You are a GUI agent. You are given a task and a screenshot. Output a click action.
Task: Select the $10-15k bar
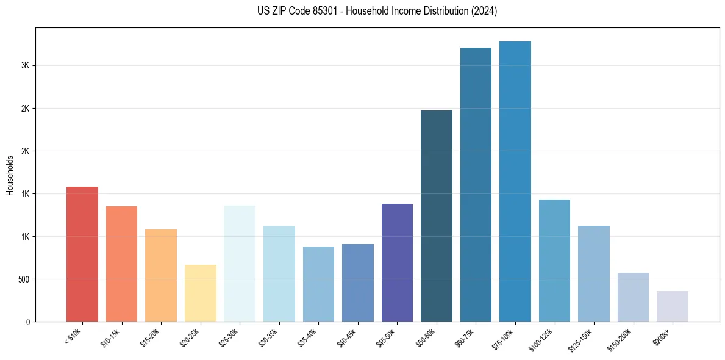click(x=121, y=264)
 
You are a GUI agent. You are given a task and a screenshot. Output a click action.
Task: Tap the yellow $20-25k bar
click(x=200, y=293)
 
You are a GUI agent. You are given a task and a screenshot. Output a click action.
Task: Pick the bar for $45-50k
click(x=397, y=262)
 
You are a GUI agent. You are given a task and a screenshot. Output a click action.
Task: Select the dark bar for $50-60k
click(x=437, y=216)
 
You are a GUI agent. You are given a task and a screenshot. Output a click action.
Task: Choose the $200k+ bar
click(x=673, y=306)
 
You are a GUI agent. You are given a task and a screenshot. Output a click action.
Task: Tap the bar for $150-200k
click(x=633, y=297)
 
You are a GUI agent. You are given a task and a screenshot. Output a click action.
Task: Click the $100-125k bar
click(x=554, y=261)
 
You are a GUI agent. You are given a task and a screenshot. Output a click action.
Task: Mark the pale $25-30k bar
click(x=240, y=264)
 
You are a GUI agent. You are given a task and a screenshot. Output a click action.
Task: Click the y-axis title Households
click(x=10, y=175)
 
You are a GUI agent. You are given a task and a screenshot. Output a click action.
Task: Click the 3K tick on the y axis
click(x=24, y=66)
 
